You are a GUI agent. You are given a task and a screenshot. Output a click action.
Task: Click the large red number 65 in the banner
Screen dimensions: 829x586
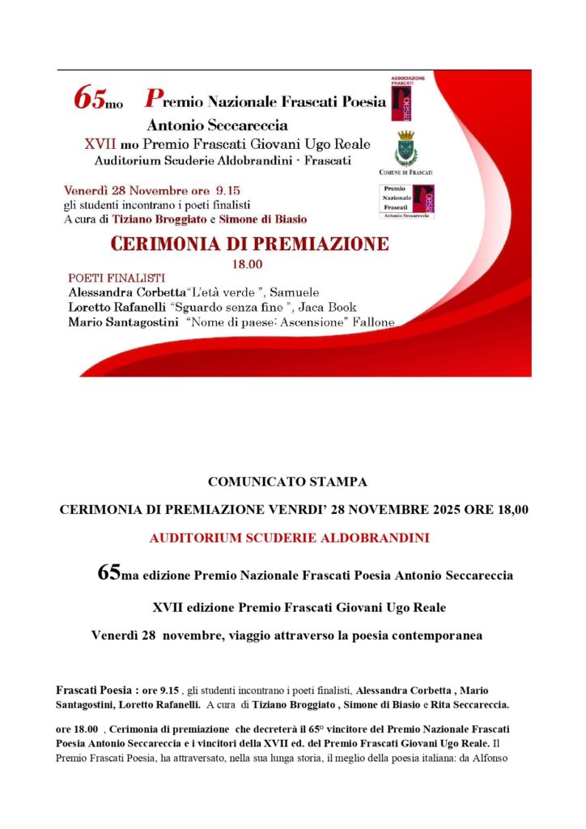tap(89, 98)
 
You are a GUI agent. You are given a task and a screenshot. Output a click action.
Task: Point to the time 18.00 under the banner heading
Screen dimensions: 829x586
tap(244, 264)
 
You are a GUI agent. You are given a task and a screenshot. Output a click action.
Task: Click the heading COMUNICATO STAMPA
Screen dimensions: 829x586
tap(287, 482)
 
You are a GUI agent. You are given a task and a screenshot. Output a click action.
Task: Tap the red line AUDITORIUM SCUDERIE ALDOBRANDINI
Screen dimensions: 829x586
tap(289, 537)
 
